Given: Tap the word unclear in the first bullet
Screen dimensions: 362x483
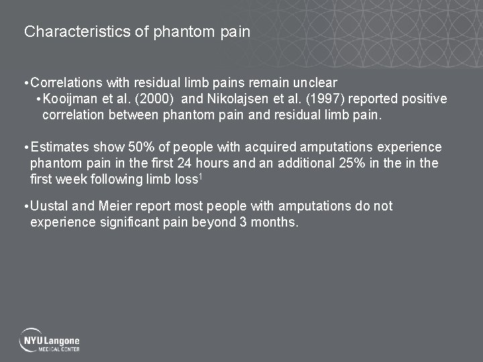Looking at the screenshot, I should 315,83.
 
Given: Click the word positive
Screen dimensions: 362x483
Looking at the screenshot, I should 423,99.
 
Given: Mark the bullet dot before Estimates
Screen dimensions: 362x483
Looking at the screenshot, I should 25,147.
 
